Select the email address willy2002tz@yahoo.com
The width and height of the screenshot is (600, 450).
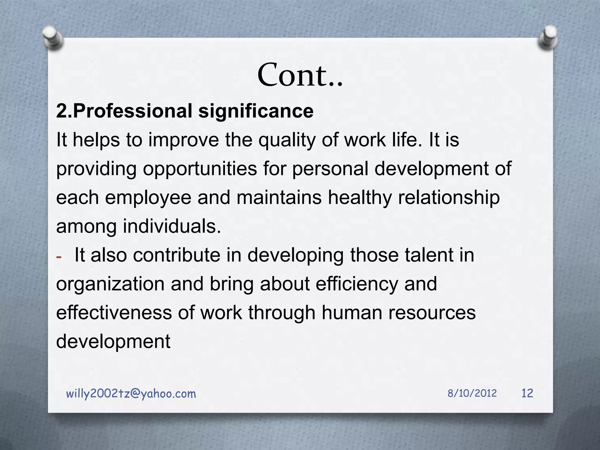pos(131,394)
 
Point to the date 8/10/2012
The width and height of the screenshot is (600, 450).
pos(472,393)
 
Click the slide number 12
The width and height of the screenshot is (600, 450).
pos(527,393)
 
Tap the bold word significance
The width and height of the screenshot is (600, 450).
pos(256,111)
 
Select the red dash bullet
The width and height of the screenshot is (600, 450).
pos(59,257)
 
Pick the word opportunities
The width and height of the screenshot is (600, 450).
pos(200,169)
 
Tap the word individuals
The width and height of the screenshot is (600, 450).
pos(172,226)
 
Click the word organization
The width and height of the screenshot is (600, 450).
pos(110,284)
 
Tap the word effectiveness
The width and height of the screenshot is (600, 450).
pos(114,313)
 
